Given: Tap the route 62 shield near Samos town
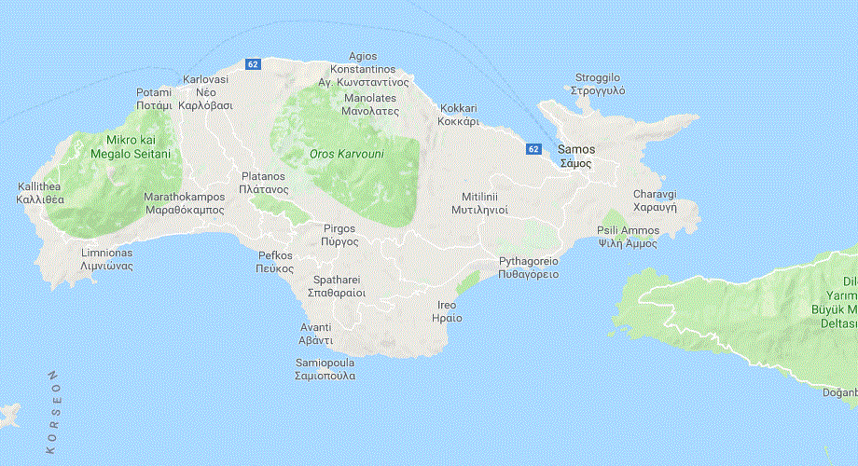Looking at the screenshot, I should click(x=533, y=148).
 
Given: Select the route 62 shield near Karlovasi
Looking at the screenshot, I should click(x=253, y=63).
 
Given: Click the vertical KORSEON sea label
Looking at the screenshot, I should click(x=53, y=411).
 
